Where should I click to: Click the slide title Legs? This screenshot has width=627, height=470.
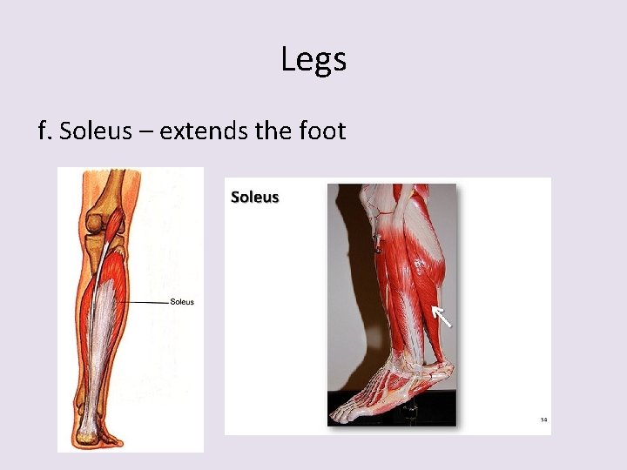coord(313,60)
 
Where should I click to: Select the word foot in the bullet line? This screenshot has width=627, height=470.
coord(322,131)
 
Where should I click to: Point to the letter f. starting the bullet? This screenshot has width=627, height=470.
coord(45,131)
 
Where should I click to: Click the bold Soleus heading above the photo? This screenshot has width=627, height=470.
coord(254,198)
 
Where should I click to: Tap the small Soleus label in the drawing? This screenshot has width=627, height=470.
coord(182,302)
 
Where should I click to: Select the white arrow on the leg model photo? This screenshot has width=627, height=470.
coord(442,317)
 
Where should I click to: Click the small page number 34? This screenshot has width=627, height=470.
coord(543,420)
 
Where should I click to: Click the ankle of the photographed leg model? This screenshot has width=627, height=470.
coord(409,357)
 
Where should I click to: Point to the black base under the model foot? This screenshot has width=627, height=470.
coord(392,420)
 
